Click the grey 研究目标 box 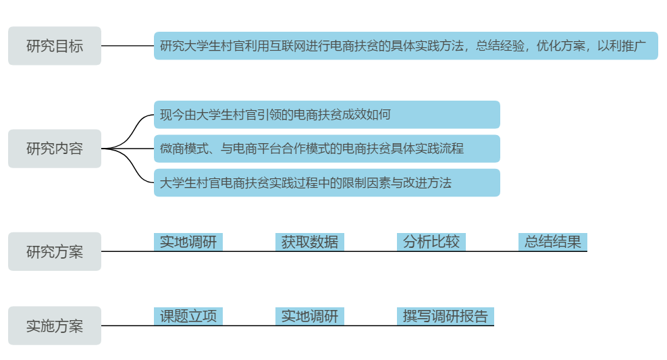[55, 46]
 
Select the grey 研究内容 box [55, 149]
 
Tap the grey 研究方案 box [55, 252]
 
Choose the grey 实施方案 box [55, 326]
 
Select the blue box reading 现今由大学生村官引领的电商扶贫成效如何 [327, 115]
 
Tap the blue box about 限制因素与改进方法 [327, 182]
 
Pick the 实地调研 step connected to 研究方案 [188, 242]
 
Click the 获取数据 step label [310, 242]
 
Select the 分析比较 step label [431, 242]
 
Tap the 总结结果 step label [553, 242]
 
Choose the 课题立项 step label [188, 316]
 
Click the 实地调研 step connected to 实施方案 [310, 316]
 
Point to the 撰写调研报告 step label [446, 316]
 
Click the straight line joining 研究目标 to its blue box [128, 46]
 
